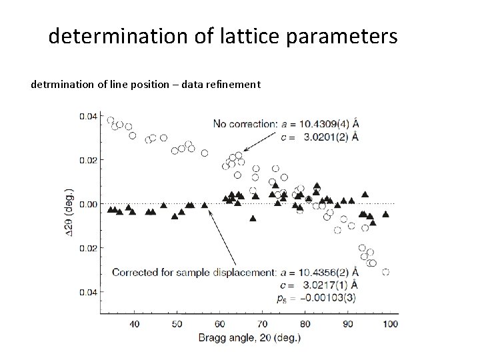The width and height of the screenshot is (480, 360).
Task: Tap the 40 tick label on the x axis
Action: tap(134, 323)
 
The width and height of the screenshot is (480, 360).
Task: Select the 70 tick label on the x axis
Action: tap(262, 323)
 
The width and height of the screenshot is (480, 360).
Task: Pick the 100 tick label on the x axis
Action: tap(389, 323)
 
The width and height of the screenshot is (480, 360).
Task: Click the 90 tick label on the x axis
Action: tap(347, 323)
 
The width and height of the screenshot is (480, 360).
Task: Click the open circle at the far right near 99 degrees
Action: tap(385, 272)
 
